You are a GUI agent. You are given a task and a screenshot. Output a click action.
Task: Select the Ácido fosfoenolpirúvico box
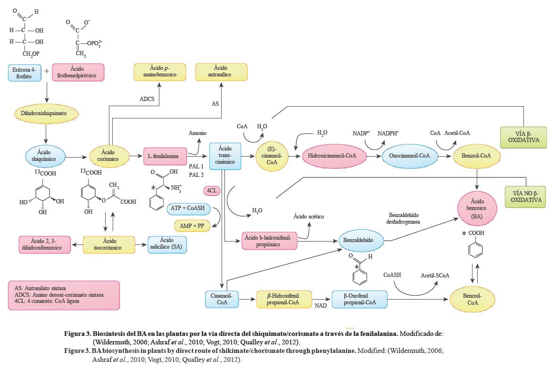[x=77, y=73]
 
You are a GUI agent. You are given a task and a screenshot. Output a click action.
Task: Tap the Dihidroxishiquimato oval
[x=47, y=114]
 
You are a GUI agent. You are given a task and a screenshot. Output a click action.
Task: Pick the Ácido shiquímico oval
[x=45, y=156]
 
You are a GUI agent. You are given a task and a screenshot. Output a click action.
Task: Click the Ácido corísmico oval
[x=108, y=156]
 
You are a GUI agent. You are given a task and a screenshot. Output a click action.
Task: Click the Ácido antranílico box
[x=220, y=71]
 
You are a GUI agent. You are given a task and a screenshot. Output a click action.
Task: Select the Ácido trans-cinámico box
[x=225, y=156]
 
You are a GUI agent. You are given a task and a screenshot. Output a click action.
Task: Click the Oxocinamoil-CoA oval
[x=407, y=156]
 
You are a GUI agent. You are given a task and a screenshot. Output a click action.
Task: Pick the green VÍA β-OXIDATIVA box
[x=523, y=137]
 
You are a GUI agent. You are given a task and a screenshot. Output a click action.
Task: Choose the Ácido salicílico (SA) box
[x=167, y=244]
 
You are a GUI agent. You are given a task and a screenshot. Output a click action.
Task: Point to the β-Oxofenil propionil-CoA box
[x=359, y=299]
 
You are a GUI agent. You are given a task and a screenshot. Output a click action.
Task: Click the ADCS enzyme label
[x=148, y=100]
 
